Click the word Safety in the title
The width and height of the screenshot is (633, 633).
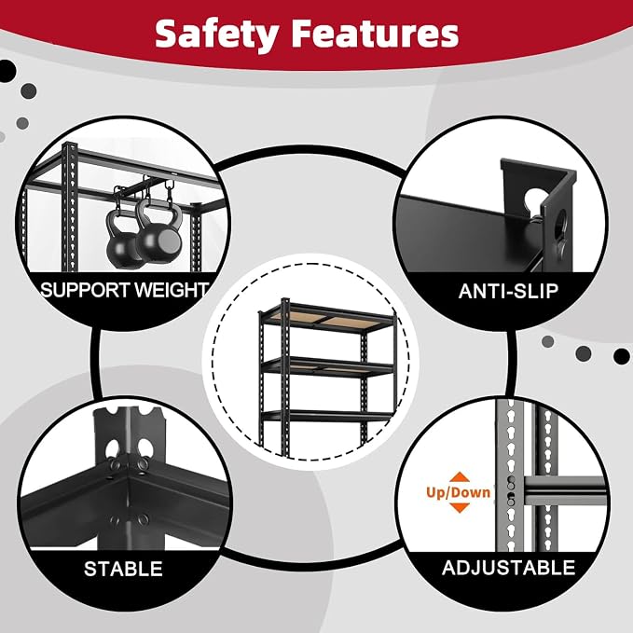coord(217,34)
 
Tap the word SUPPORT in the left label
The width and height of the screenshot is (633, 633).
coord(86,290)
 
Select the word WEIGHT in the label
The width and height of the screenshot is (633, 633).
coord(171,290)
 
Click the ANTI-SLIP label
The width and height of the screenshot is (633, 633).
coord(508,291)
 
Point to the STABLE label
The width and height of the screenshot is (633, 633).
coord(123,569)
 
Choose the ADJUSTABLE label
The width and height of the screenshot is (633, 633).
coord(508,568)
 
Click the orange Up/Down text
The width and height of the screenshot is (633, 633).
coord(458,492)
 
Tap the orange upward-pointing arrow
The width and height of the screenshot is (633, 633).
coord(459,477)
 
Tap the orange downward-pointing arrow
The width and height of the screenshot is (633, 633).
coord(459,507)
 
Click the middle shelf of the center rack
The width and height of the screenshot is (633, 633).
coord(328,367)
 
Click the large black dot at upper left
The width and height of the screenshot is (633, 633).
coord(6,71)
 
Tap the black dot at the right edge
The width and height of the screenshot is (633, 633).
coord(621,356)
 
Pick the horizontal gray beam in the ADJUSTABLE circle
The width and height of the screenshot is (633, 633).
coord(564,490)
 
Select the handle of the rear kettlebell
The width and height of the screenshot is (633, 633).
coord(119,215)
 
